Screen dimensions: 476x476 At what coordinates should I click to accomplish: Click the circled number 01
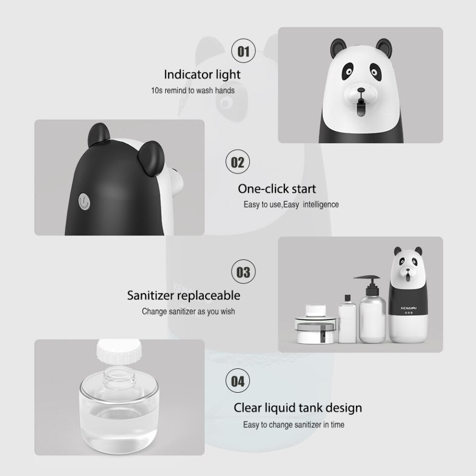[x=243, y=51]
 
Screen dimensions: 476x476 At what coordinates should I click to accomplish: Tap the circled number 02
[x=238, y=162]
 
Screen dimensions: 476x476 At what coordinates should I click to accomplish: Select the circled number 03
[x=243, y=272]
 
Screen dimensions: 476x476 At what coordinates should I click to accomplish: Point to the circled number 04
[x=238, y=381]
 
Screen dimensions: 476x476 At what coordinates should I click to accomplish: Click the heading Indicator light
[x=202, y=75]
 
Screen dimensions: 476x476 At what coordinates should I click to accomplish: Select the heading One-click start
[x=277, y=189]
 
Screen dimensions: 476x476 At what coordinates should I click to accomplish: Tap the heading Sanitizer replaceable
[x=183, y=296]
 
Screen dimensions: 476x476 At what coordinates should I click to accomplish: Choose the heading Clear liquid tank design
[x=298, y=408]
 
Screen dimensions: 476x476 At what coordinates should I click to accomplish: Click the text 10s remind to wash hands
[x=193, y=90]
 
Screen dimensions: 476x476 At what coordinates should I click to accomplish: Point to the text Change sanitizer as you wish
[x=188, y=311]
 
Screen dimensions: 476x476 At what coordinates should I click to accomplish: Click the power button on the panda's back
[x=84, y=202]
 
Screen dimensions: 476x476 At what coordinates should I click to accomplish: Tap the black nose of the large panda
[x=361, y=90]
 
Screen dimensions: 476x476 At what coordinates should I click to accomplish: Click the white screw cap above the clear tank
[x=119, y=352]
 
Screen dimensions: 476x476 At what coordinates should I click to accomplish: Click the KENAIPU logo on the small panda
[x=409, y=308]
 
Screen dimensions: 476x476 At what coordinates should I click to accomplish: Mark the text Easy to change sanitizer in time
[x=294, y=425]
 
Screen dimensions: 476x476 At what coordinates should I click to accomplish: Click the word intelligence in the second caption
[x=321, y=204]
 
